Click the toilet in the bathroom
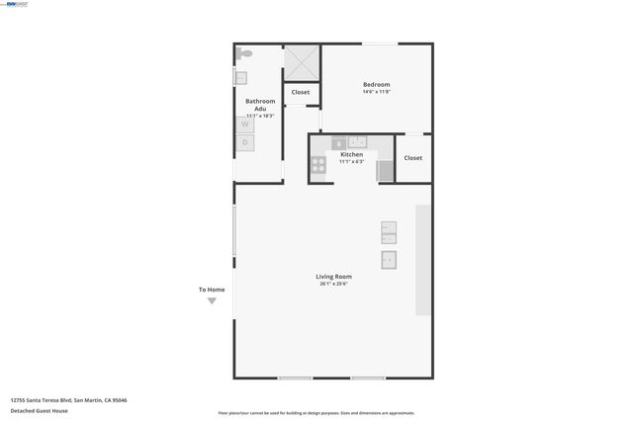[244, 53]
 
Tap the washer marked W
[245, 125]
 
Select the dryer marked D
[245, 142]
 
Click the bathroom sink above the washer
[240, 77]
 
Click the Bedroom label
[377, 85]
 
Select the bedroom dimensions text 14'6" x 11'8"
[377, 93]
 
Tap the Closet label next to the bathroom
[301, 92]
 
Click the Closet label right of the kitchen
[412, 158]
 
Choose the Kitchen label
[351, 154]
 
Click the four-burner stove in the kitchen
[319, 164]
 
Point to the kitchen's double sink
[357, 141]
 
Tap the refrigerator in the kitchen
[385, 169]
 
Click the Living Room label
[333, 276]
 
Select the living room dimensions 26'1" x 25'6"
[333, 284]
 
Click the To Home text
[212, 290]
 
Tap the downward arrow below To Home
[212, 301]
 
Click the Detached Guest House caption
[39, 410]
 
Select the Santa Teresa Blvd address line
[68, 400]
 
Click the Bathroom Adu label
[260, 104]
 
